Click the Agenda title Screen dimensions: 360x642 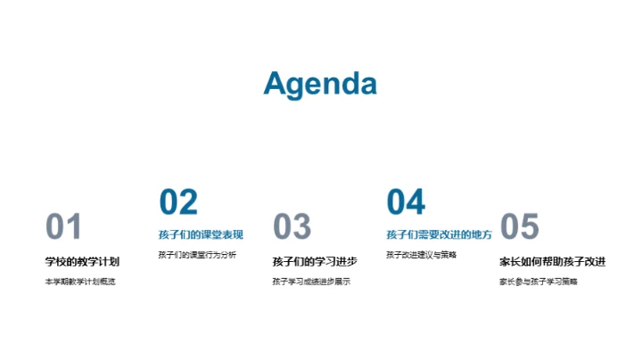coord(320,84)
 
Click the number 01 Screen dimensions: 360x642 coord(63,227)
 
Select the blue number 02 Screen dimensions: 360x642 coord(178,202)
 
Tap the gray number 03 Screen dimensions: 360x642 coord(292,227)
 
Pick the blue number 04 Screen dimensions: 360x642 coord(406,202)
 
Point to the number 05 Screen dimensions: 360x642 coord(520,227)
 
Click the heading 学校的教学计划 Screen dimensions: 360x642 coord(82,262)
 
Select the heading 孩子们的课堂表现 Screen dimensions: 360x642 coord(202,235)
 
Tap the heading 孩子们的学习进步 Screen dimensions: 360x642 coord(315,262)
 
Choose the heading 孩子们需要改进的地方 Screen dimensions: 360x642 coord(439,235)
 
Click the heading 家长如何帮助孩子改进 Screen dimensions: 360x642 coord(553,262)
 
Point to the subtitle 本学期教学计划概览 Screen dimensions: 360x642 coord(80,282)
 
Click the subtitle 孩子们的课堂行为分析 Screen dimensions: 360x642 coord(198,256)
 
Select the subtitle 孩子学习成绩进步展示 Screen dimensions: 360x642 coord(311,282)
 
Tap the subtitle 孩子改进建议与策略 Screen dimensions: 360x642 coord(422,256)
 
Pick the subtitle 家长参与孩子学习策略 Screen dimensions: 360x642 coord(539,282)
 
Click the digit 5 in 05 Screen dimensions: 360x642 coord(530,227)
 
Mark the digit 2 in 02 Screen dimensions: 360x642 coord(188,202)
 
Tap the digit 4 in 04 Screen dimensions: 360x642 coord(416,202)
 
